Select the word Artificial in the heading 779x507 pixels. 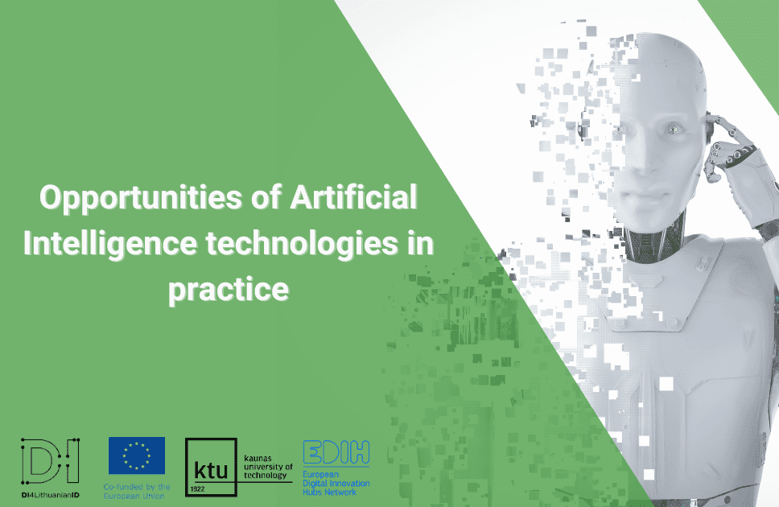353,197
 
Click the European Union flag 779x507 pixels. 137,455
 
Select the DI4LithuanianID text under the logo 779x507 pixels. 50,495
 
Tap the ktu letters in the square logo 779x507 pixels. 211,470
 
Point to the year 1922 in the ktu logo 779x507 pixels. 197,489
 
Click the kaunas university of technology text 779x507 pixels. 268,467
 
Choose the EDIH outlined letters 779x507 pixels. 336,451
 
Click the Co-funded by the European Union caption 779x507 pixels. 137,491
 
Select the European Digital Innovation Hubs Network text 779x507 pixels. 336,483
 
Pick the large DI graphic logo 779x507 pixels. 50,461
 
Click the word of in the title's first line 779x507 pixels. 266,197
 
